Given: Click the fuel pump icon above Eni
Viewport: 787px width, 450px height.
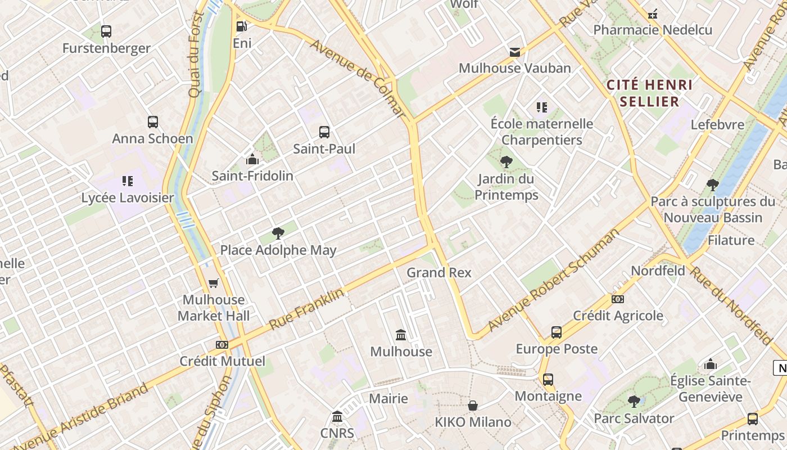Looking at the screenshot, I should click(x=242, y=26).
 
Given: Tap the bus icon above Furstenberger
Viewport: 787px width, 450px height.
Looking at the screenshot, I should click(x=106, y=31).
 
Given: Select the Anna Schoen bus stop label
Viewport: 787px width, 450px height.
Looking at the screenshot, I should click(x=152, y=138).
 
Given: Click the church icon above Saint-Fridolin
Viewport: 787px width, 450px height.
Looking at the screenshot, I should click(x=252, y=159).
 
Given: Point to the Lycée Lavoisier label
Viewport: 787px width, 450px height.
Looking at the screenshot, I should click(x=128, y=198).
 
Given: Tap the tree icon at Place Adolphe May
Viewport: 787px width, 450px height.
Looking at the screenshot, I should click(x=278, y=233).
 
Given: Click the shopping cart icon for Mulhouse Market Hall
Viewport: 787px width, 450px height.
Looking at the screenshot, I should click(x=213, y=283).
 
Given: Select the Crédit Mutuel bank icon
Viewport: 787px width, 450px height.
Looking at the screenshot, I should click(x=222, y=344).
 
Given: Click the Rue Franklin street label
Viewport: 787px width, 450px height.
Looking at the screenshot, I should click(x=306, y=309).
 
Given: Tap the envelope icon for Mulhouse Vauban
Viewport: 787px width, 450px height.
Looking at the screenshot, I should click(x=514, y=52).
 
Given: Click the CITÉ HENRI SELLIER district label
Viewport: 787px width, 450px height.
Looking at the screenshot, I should click(x=650, y=93).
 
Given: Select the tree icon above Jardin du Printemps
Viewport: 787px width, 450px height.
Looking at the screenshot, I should click(x=506, y=162).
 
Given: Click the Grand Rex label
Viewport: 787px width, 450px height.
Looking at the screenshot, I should click(x=439, y=273).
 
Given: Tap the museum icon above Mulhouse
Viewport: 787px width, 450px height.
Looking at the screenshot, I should click(x=401, y=335).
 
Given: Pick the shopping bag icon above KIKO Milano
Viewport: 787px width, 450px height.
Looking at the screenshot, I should click(x=473, y=406).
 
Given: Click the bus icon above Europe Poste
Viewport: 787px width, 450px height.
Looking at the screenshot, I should click(x=556, y=332).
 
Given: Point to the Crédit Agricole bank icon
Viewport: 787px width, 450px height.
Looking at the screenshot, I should click(x=618, y=299).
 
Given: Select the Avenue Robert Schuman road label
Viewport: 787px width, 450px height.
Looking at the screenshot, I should click(x=554, y=280).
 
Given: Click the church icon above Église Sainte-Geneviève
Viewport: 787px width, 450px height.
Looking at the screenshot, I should click(x=711, y=364).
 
